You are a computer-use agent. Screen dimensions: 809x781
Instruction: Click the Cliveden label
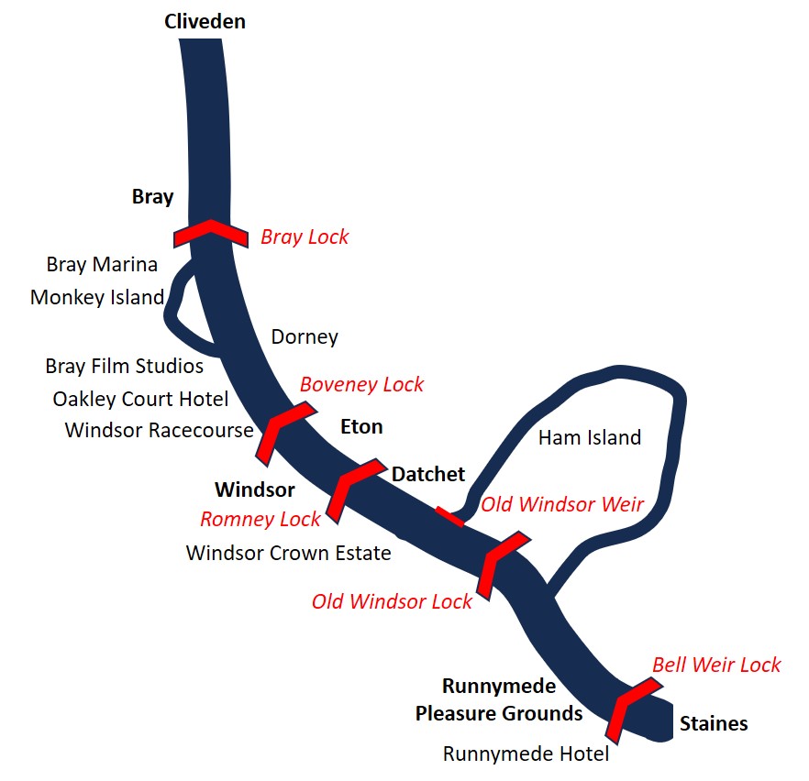pos(205,22)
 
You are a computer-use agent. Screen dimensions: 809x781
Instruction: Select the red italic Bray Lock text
pos(305,237)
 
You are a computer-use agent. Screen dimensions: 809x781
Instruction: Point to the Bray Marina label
pos(102,264)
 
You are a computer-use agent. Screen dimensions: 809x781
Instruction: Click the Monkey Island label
pos(97,298)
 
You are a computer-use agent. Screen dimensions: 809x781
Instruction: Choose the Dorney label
pos(305,337)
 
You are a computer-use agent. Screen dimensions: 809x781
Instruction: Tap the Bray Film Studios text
pos(125,366)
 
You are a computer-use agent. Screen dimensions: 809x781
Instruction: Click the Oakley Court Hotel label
pos(140,399)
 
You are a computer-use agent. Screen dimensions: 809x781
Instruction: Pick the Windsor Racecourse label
pos(159,430)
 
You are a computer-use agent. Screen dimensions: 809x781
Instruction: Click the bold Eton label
pos(361,427)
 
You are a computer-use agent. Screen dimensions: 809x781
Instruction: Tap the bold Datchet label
pos(428,474)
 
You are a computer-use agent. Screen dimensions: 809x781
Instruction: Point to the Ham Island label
pos(590,437)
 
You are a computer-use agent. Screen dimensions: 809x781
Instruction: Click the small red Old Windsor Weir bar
pos(449,517)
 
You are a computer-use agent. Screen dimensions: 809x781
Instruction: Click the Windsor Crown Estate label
pos(288,553)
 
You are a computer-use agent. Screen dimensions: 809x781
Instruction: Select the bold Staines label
pos(714,724)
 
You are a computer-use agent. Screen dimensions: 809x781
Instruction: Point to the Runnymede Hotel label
pos(526,754)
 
